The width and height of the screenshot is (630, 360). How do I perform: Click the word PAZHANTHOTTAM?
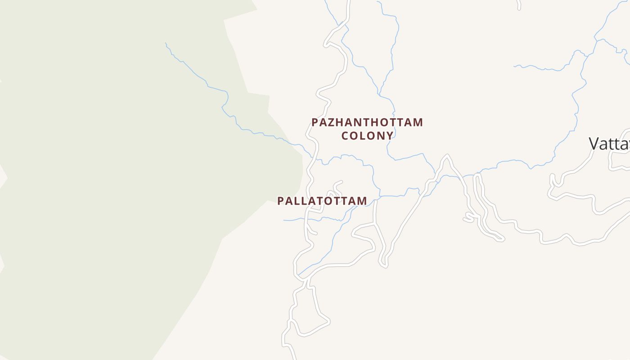click(367, 122)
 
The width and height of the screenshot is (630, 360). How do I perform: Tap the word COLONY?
click(367, 135)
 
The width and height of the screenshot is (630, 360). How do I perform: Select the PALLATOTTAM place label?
click(322, 201)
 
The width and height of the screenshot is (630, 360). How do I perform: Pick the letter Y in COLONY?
click(390, 135)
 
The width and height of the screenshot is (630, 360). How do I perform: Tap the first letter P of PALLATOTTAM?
click(281, 201)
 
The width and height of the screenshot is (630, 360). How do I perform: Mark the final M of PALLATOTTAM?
click(362, 201)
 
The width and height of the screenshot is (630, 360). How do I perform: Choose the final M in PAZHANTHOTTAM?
click(418, 122)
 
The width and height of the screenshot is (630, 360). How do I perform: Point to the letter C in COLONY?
click(345, 135)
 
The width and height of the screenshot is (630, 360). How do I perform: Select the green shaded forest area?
click(112, 180)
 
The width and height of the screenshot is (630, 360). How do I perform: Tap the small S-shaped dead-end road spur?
click(469, 218)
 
